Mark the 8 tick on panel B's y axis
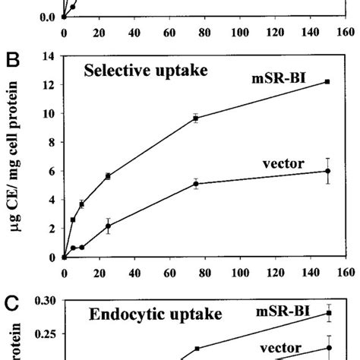click(53, 142)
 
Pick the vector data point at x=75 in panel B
click(196, 183)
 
